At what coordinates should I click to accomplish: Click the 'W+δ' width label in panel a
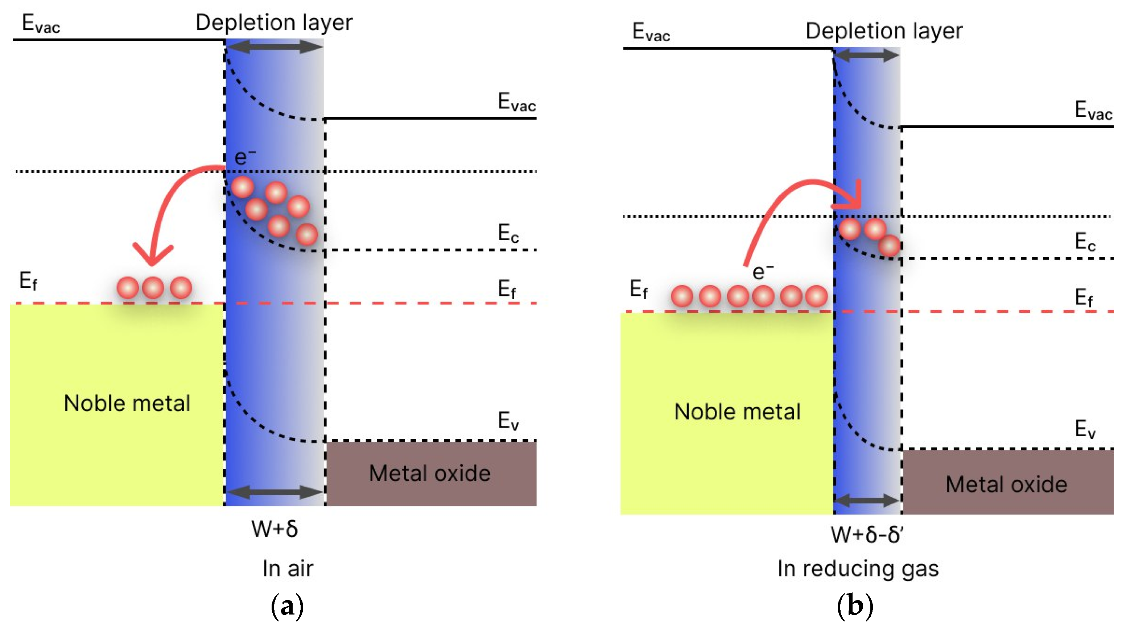pyautogui.click(x=275, y=529)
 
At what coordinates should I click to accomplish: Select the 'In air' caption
pyautogui.click(x=288, y=569)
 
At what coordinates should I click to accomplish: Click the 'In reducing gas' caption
pyautogui.click(x=858, y=569)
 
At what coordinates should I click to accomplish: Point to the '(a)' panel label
pyautogui.click(x=287, y=606)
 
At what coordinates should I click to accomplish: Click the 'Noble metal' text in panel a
pyautogui.click(x=127, y=403)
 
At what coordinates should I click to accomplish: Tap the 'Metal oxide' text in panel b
pyautogui.click(x=1006, y=484)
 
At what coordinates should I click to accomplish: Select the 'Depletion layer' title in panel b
pyautogui.click(x=884, y=31)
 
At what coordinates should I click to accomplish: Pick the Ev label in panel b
pyautogui.click(x=1085, y=429)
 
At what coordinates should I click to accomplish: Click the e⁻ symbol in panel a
pyautogui.click(x=245, y=157)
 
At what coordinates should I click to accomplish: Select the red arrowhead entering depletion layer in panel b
pyautogui.click(x=852, y=199)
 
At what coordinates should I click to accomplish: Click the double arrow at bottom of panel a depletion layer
pyautogui.click(x=275, y=492)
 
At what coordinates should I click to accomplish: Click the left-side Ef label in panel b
pyautogui.click(x=638, y=289)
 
